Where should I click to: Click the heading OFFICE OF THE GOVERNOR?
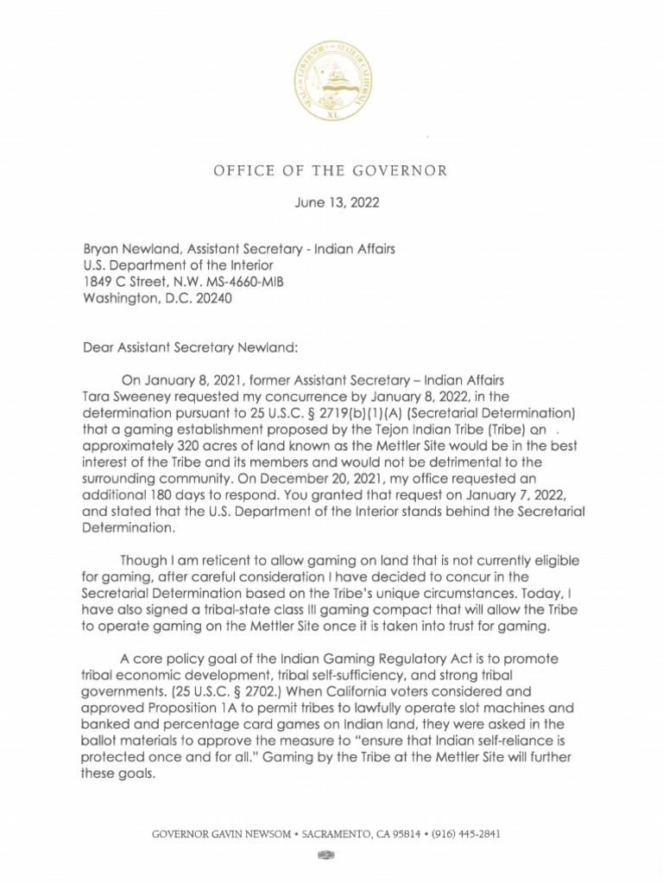(x=331, y=170)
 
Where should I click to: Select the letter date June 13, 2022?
(x=331, y=205)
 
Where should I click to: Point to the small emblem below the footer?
(x=325, y=855)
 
